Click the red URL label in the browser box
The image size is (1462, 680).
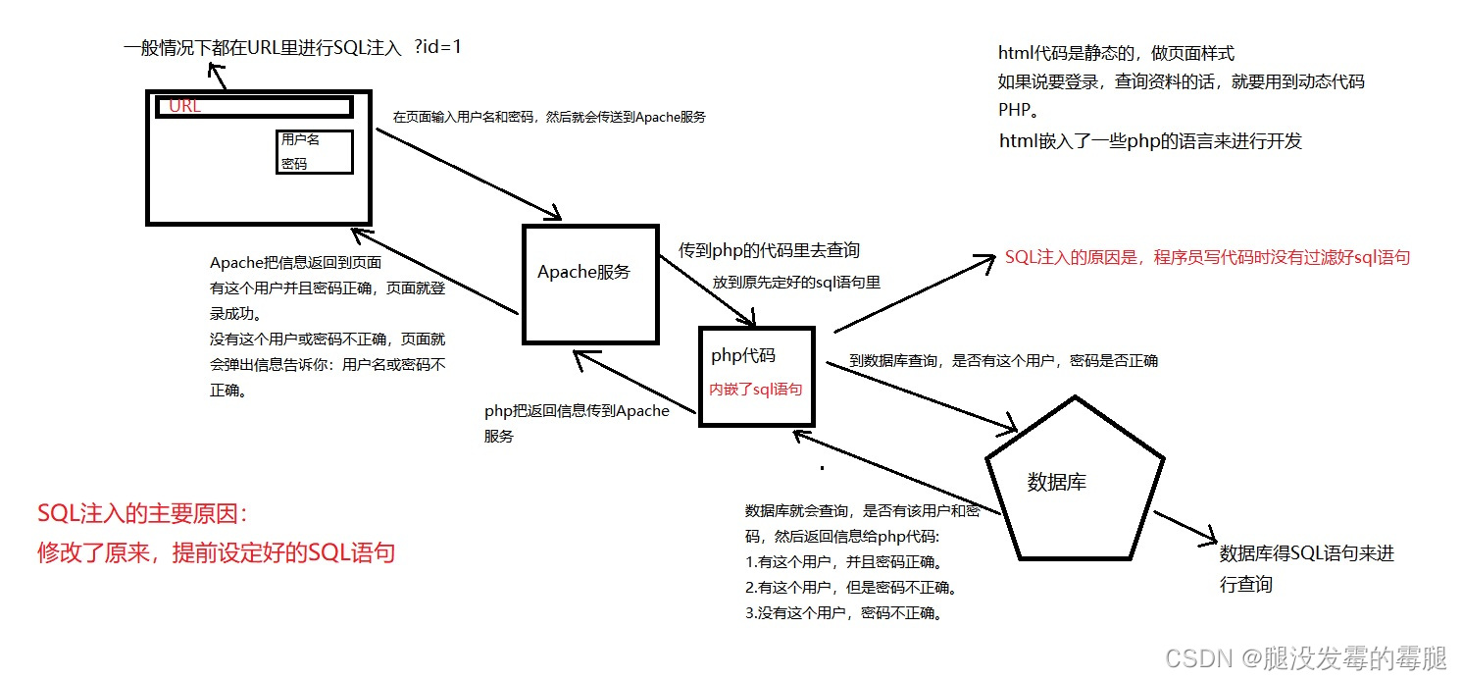pyautogui.click(x=185, y=106)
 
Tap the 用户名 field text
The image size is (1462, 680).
pyautogui.click(x=300, y=139)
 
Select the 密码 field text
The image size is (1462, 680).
pyautogui.click(x=294, y=164)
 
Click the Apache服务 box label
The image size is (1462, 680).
pyautogui.click(x=583, y=272)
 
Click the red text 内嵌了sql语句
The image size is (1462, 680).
pyautogui.click(x=756, y=389)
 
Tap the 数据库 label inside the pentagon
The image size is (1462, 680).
pyautogui.click(x=1056, y=482)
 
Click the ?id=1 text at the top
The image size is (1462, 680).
pyautogui.click(x=437, y=46)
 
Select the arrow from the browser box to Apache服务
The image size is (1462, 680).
pyautogui.click(x=468, y=174)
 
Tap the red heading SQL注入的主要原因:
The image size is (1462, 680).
pyautogui.click(x=143, y=514)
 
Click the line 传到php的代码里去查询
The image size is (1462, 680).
pyautogui.click(x=769, y=250)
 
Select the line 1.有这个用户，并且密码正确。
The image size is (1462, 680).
pyautogui.click(x=843, y=563)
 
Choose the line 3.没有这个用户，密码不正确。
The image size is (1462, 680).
pyautogui.click(x=843, y=613)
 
